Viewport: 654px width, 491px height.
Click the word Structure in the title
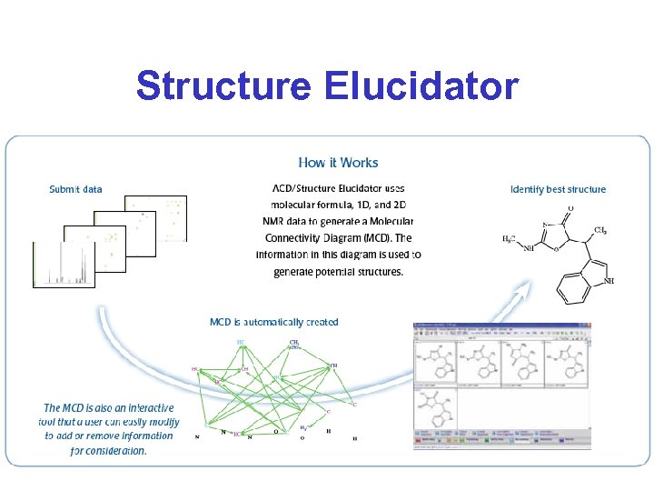coord(221,86)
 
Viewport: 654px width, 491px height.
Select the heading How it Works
coord(338,163)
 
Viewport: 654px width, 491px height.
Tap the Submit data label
coord(75,189)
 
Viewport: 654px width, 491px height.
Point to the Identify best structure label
coord(558,189)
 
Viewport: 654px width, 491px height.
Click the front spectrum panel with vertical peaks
coord(64,265)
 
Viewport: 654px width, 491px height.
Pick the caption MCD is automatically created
coord(273,322)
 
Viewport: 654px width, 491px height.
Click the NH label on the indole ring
coord(608,282)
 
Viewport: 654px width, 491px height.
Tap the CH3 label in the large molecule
coord(600,231)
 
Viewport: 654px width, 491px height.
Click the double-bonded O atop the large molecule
coord(569,207)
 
